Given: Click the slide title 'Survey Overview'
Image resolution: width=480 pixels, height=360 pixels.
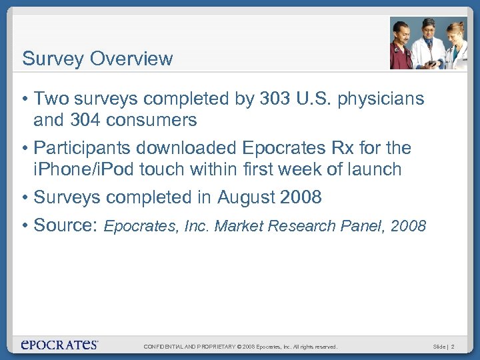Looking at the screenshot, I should point(97,59).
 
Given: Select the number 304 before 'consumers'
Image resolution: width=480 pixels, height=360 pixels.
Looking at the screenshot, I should point(86,120).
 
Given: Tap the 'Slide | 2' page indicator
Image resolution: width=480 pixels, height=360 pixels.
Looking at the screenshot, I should point(443,347).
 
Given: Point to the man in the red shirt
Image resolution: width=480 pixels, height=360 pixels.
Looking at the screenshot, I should point(403,47).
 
